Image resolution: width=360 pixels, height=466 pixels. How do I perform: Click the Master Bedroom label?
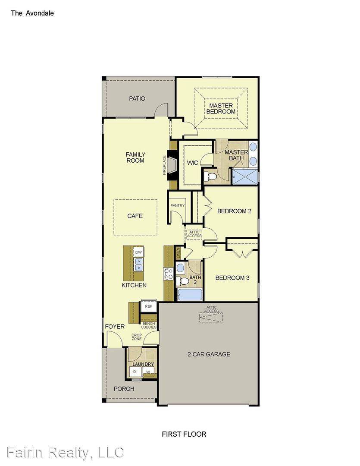tap(221, 108)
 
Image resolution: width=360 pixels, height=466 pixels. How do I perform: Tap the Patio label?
tap(137, 98)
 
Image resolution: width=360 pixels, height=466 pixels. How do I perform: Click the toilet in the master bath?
tap(210, 176)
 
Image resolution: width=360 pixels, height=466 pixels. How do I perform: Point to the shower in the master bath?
tap(244, 177)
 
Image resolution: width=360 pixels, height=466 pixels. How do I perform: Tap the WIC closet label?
tap(192, 163)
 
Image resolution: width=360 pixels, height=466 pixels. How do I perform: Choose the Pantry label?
tap(177, 205)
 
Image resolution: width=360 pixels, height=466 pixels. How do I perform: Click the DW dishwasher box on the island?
tap(138, 252)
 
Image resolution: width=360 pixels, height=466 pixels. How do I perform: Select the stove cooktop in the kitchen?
tap(168, 274)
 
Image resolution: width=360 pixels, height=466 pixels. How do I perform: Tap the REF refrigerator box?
tap(149, 306)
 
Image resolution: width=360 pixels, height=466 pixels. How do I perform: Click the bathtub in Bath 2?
tap(189, 295)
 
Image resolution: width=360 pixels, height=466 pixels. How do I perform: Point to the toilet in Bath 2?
tap(184, 281)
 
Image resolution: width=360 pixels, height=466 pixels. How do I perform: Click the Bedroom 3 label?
tap(232, 278)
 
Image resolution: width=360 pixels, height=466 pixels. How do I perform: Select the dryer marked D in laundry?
tap(135, 371)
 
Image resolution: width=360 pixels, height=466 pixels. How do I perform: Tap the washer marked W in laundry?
tap(148, 371)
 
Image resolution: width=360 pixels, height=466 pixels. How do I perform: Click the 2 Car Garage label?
tap(209, 354)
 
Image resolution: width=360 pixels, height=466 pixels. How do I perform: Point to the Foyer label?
tap(115, 327)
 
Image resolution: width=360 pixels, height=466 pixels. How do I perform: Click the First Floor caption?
tap(184, 434)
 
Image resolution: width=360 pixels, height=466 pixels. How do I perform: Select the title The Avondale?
tap(32, 13)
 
